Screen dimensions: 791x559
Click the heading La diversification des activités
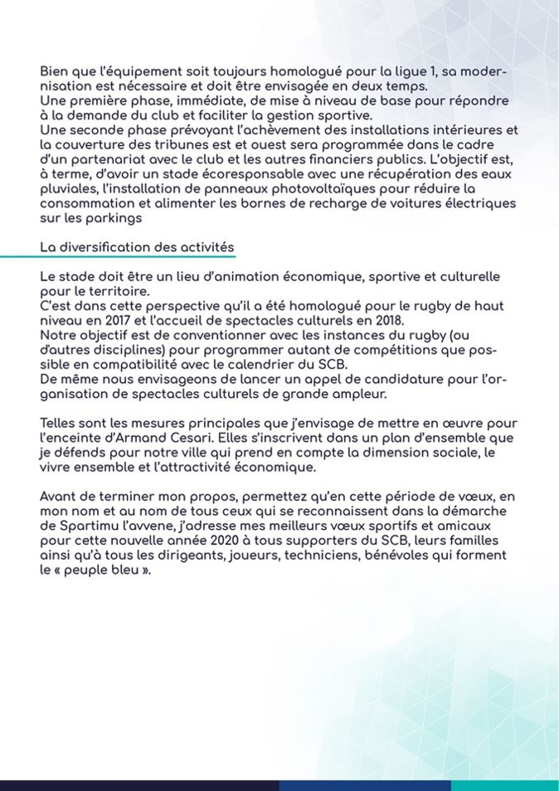click(x=137, y=247)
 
